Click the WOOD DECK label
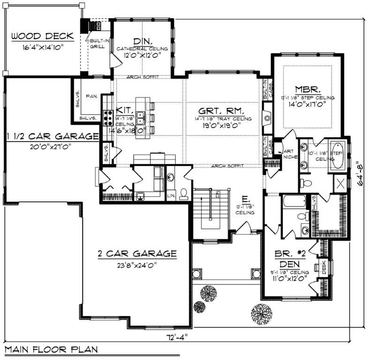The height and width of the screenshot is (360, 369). (43, 36)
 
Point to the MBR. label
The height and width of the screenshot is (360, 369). (308, 89)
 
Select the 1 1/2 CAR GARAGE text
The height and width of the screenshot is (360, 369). (52, 136)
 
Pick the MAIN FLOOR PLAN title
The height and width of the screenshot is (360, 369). (52, 349)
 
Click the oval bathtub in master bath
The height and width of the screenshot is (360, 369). (337, 155)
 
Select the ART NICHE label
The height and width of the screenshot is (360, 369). (287, 154)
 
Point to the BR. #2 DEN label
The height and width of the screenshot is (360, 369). (290, 258)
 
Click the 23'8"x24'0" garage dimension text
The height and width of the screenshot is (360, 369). (136, 264)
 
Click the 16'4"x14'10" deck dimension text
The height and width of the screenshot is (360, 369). (42, 47)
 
